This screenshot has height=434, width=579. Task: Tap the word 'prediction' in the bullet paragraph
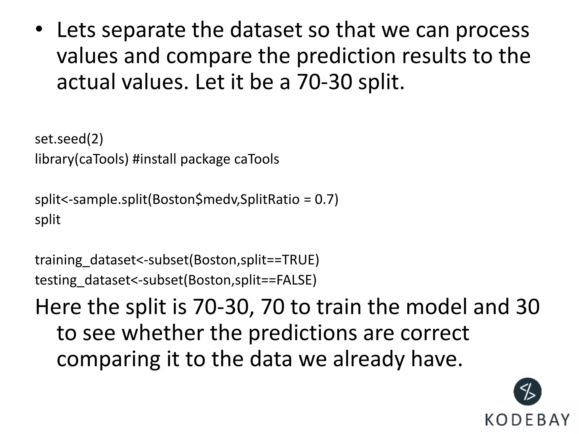point(346,56)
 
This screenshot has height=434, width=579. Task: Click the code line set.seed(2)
point(69,139)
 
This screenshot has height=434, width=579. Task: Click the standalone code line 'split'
point(47,220)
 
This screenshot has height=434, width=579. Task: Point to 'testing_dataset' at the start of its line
point(82,280)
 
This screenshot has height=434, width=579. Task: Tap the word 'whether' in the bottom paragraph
point(163,333)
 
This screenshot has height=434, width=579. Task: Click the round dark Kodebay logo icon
point(527,392)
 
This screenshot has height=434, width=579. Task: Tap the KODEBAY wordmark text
point(527,420)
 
